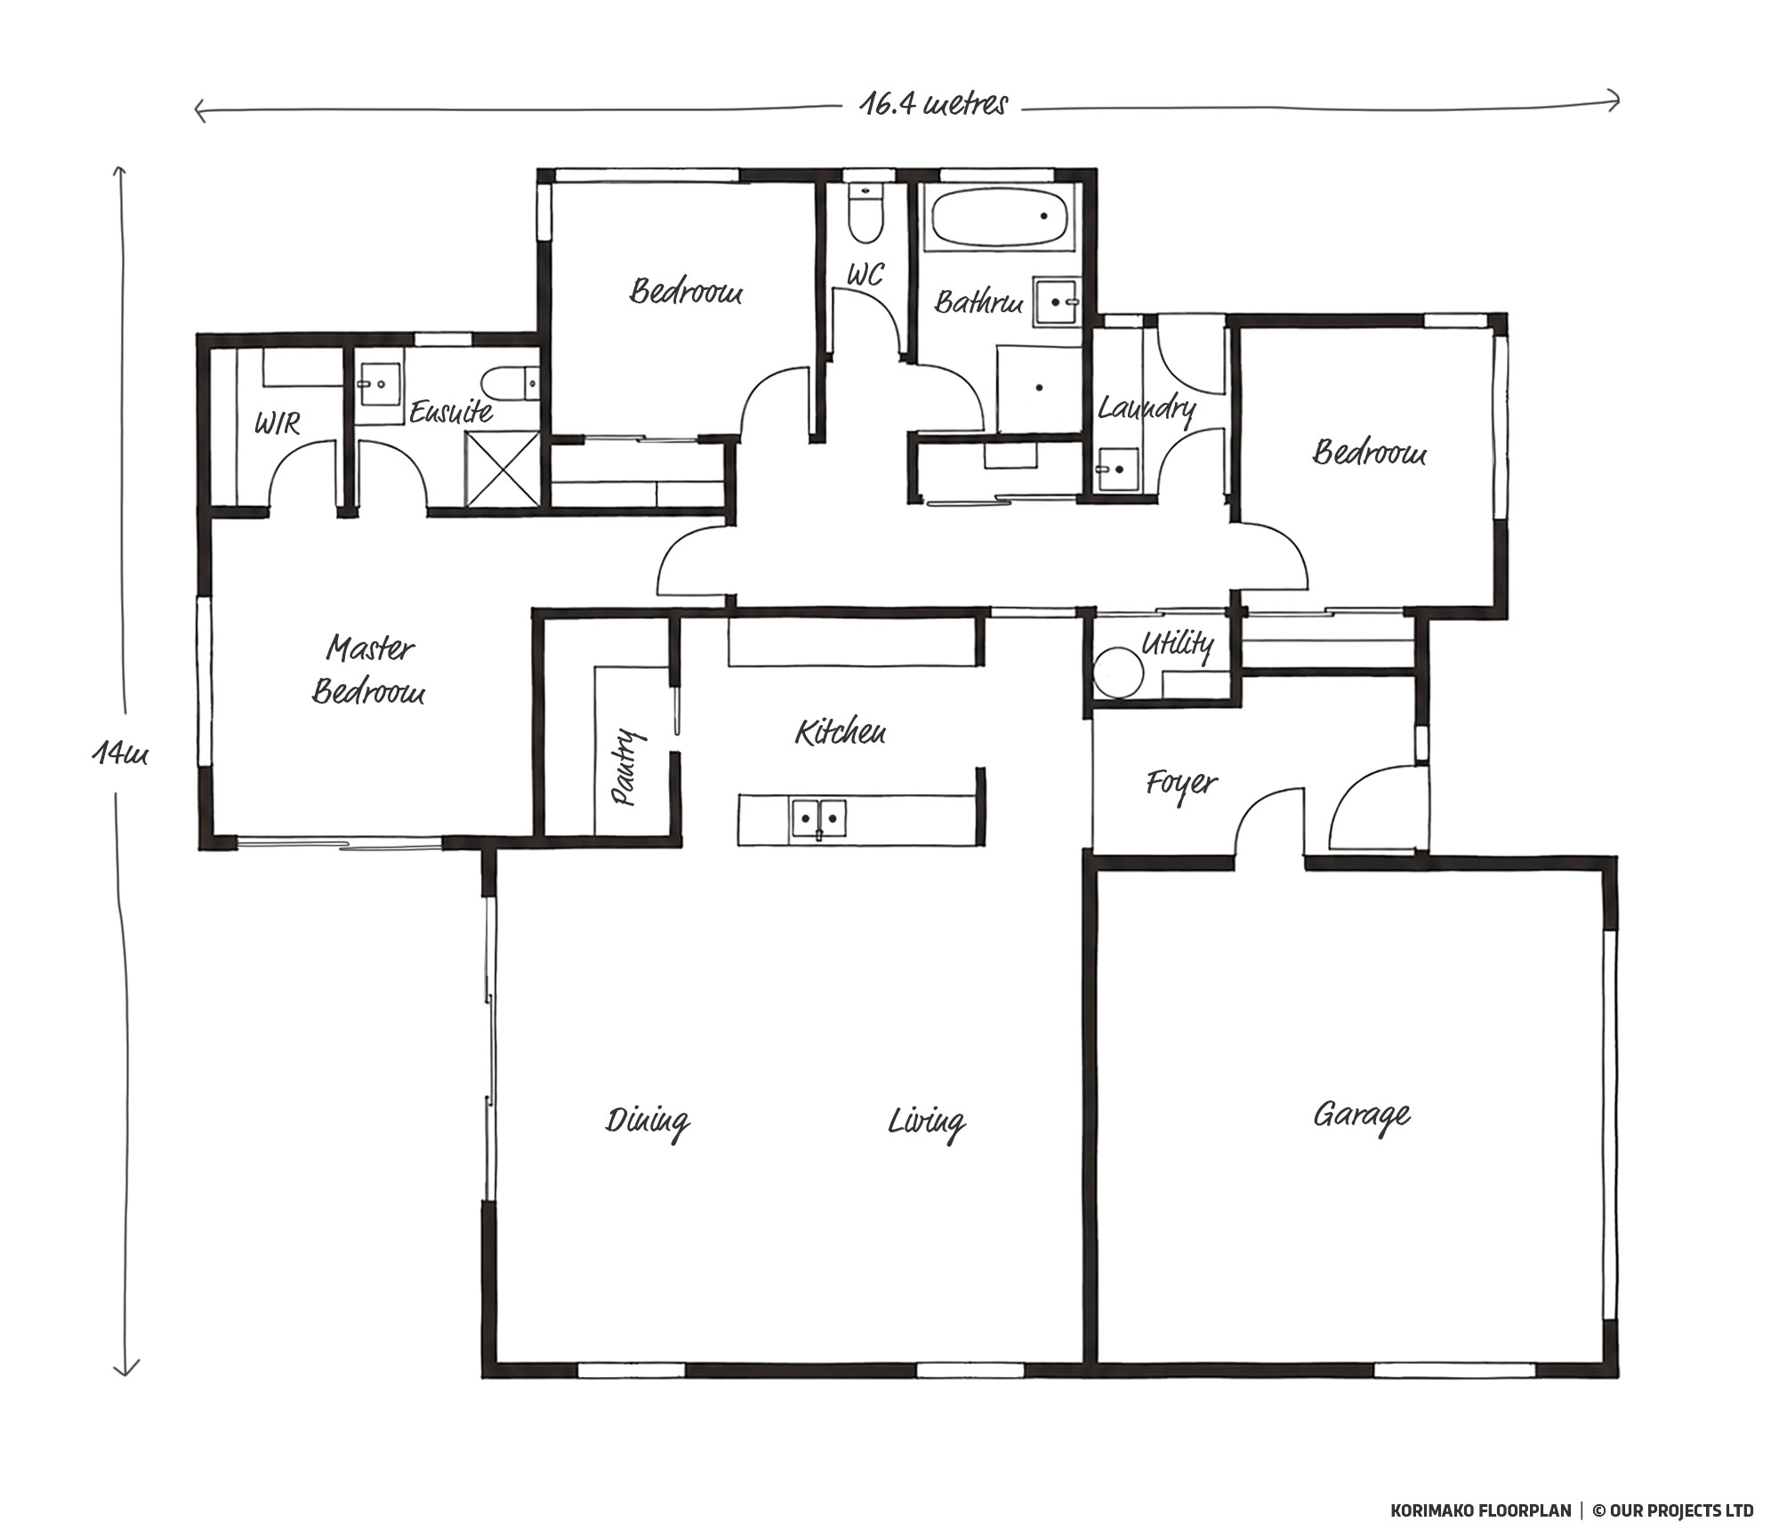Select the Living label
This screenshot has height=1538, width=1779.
pyautogui.click(x=926, y=1123)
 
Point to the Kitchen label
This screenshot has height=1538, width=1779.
pyautogui.click(x=840, y=732)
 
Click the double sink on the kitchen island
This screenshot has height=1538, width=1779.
pyautogui.click(x=818, y=817)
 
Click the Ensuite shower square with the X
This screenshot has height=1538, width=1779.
pyautogui.click(x=502, y=467)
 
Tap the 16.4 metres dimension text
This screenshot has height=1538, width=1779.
pyautogui.click(x=933, y=105)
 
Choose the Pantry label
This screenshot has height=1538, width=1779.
pyautogui.click(x=626, y=767)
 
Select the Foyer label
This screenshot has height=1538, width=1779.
pyautogui.click(x=1180, y=785)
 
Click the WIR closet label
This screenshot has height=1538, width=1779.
pyautogui.click(x=277, y=423)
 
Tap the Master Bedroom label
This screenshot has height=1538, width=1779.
pyautogui.click(x=368, y=670)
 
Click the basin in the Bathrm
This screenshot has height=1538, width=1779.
pyautogui.click(x=1056, y=303)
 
